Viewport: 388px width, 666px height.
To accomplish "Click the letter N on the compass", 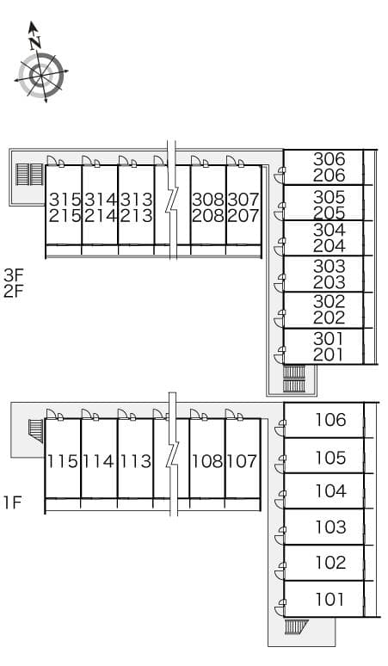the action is point(35,42).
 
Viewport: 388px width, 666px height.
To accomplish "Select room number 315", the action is point(65,200).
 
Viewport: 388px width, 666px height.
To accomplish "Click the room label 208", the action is point(208,216).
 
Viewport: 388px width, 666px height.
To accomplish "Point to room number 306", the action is point(329,159).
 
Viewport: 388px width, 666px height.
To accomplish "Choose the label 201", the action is point(329,355).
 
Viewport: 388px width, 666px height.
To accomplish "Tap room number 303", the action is point(329,267).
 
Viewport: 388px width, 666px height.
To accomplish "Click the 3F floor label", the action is point(14,275).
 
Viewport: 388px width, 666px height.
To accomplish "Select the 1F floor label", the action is point(13,503).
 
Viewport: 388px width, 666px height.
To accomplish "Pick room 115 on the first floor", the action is point(63,461).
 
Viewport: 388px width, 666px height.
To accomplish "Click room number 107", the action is point(242,461).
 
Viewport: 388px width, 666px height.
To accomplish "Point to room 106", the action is point(330,420).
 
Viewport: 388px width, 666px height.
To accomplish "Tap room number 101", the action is point(329,600).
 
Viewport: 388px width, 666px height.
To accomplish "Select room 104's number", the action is point(330,491).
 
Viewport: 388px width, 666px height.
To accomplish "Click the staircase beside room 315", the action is point(30,175).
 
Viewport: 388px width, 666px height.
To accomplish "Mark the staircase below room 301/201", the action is point(294,379).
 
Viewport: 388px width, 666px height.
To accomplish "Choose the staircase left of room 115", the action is point(36,431).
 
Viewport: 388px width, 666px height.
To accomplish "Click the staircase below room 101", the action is point(296,626).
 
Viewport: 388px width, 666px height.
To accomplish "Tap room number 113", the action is point(135,461).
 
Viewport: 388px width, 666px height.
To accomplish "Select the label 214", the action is point(100,216).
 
